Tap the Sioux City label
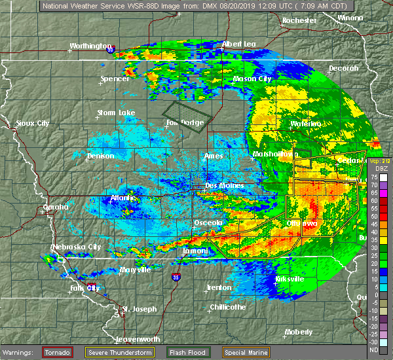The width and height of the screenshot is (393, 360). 33,123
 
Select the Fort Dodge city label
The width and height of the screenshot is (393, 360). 184,123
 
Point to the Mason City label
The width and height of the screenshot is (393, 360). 252,79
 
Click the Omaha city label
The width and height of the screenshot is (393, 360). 56,207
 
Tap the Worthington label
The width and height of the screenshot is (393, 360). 91,46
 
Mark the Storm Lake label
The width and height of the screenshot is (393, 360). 116,113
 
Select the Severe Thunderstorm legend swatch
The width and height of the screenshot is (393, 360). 94,352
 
